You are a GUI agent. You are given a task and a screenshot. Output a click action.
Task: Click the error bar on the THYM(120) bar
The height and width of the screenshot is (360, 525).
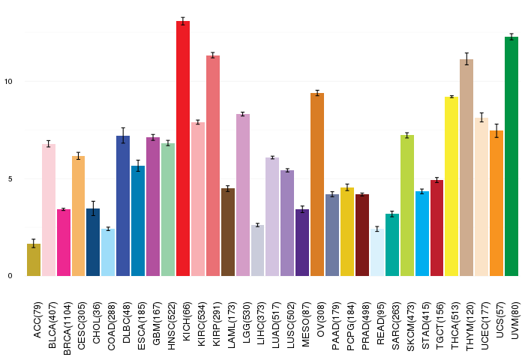(466, 59)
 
